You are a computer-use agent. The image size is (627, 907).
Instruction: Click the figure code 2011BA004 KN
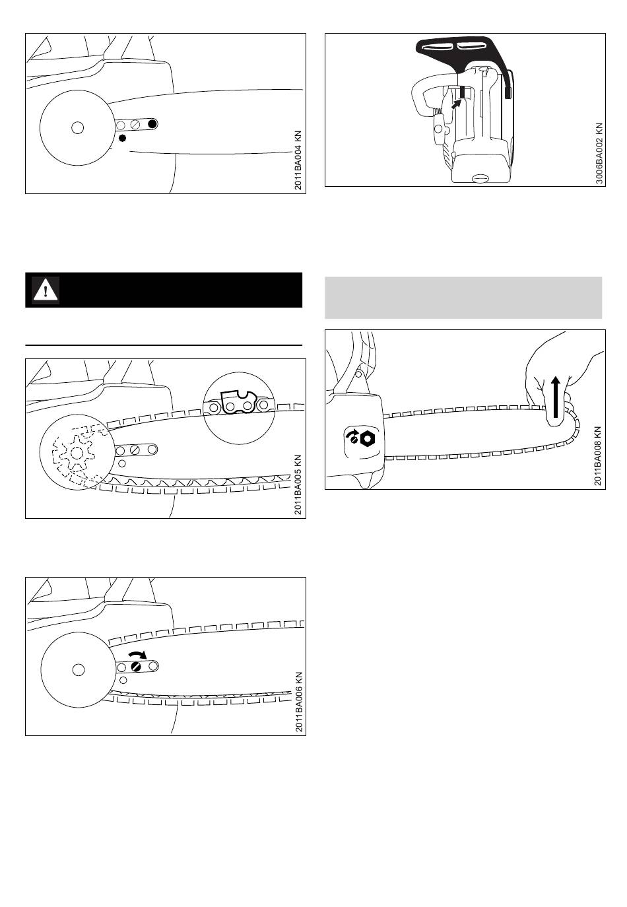click(x=298, y=160)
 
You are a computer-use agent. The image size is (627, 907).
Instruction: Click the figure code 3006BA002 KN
click(x=599, y=153)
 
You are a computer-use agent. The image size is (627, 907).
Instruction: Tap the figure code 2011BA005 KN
click(x=298, y=485)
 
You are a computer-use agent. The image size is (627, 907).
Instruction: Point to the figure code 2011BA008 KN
click(x=598, y=456)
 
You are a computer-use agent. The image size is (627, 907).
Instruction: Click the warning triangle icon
click(x=46, y=290)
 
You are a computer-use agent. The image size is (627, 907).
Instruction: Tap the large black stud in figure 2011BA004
click(x=152, y=124)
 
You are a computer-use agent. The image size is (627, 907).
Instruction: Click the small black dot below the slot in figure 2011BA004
click(x=123, y=138)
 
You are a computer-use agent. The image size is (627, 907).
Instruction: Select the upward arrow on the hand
click(x=556, y=397)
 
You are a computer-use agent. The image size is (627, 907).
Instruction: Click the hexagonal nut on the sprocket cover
click(x=368, y=438)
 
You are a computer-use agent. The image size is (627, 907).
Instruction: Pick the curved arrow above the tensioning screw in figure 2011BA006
click(x=138, y=655)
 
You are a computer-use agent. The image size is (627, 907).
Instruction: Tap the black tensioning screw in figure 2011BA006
click(x=137, y=666)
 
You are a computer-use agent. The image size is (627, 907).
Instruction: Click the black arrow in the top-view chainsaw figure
click(x=457, y=103)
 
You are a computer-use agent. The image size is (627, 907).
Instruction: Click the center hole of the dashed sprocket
click(x=76, y=453)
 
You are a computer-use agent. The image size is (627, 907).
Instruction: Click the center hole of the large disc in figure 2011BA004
click(x=77, y=128)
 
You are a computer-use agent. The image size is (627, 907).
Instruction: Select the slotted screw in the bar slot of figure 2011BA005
click(x=135, y=450)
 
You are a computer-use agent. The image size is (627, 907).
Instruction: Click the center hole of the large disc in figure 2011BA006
click(x=79, y=670)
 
